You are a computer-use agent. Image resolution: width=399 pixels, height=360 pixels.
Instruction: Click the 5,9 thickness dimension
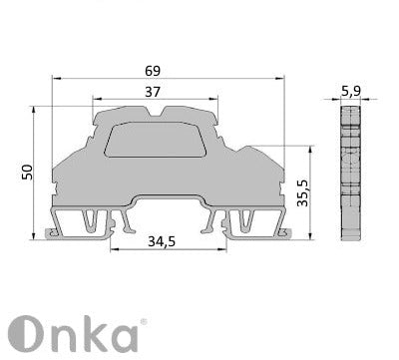point(351,92)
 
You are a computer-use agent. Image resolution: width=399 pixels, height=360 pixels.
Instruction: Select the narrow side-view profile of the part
point(348,175)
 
